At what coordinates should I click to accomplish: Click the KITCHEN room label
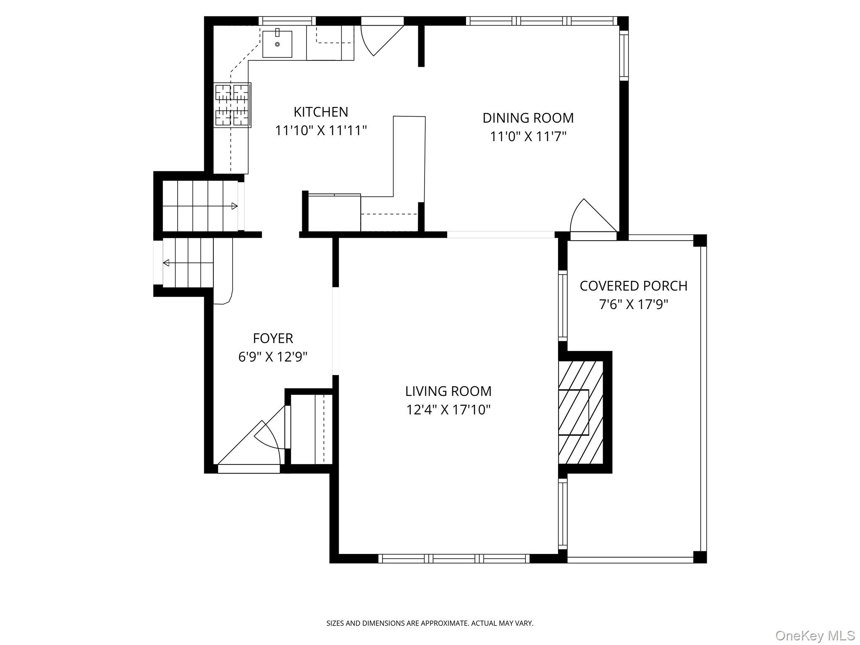click(321, 112)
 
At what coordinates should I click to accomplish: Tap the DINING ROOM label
click(528, 118)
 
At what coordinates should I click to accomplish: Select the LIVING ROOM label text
click(448, 391)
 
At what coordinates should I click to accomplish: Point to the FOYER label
click(273, 338)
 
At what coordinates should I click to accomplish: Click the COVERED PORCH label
click(633, 286)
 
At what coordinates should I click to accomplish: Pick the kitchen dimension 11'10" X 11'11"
click(321, 131)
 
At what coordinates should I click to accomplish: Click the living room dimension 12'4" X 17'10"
click(448, 410)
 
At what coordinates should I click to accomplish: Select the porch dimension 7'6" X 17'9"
click(633, 304)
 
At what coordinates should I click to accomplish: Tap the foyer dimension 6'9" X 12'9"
click(273, 357)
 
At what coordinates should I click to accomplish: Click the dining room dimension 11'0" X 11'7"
click(528, 136)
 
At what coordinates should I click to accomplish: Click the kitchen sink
click(277, 44)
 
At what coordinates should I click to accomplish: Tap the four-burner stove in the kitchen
click(233, 105)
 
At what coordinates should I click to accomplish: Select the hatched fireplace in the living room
click(581, 412)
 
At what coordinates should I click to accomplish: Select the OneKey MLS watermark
click(815, 636)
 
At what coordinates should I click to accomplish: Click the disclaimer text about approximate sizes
click(430, 623)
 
